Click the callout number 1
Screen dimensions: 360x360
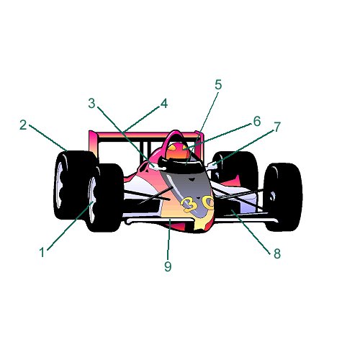pyautogui.click(x=42, y=253)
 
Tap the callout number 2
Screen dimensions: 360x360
pyautogui.click(x=23, y=125)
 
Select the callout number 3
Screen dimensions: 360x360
pyautogui.click(x=91, y=104)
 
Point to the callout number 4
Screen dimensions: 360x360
pyautogui.click(x=164, y=104)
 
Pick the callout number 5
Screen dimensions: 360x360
pyautogui.click(x=218, y=85)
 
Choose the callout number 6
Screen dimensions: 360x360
pyautogui.click(x=257, y=122)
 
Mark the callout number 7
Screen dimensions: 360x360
pyautogui.click(x=277, y=127)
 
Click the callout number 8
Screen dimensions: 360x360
pyautogui.click(x=277, y=253)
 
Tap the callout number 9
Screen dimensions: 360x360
pyautogui.click(x=168, y=266)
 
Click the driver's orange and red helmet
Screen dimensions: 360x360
pyautogui.click(x=177, y=151)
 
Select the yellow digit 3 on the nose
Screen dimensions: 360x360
pyautogui.click(x=189, y=204)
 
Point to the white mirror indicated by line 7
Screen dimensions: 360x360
pyautogui.click(x=212, y=166)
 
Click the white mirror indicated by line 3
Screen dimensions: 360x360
pyautogui.click(x=156, y=166)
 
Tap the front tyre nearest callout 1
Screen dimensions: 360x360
pyautogui.click(x=106, y=197)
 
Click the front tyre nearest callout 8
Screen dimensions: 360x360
pyautogui.click(x=283, y=197)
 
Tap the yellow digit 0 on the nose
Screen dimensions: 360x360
pyautogui.click(x=207, y=202)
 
